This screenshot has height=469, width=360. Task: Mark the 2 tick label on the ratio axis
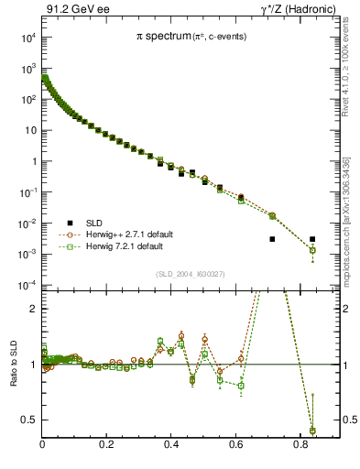click(x=34, y=310)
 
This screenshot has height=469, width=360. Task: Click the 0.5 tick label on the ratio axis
click(x=31, y=420)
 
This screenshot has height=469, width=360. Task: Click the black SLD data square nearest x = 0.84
click(x=312, y=239)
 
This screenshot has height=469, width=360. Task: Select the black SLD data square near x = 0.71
click(x=272, y=239)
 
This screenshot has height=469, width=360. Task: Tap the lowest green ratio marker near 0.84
click(x=312, y=431)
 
